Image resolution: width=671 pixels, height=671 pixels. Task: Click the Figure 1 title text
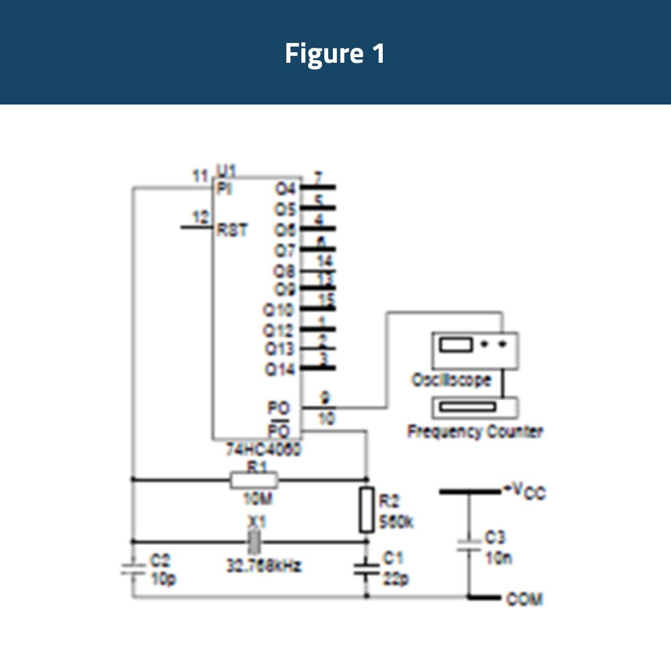(x=335, y=53)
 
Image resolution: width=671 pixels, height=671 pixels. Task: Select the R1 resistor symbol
(x=253, y=480)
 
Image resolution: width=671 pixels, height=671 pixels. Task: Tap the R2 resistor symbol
(x=367, y=510)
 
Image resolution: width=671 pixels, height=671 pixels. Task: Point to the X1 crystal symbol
(x=254, y=542)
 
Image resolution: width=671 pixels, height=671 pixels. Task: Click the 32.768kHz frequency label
(x=263, y=566)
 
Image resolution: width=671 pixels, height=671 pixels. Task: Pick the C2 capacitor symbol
(x=132, y=568)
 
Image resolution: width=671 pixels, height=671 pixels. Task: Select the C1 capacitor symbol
(x=367, y=568)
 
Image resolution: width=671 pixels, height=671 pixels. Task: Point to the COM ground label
(x=524, y=599)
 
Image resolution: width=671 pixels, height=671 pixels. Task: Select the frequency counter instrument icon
(x=475, y=407)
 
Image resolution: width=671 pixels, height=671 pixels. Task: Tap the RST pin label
(x=231, y=230)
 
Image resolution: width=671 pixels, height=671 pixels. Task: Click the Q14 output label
(x=280, y=369)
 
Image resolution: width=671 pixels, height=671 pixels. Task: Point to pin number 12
(x=200, y=217)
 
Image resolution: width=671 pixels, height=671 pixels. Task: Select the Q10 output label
(x=280, y=310)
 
